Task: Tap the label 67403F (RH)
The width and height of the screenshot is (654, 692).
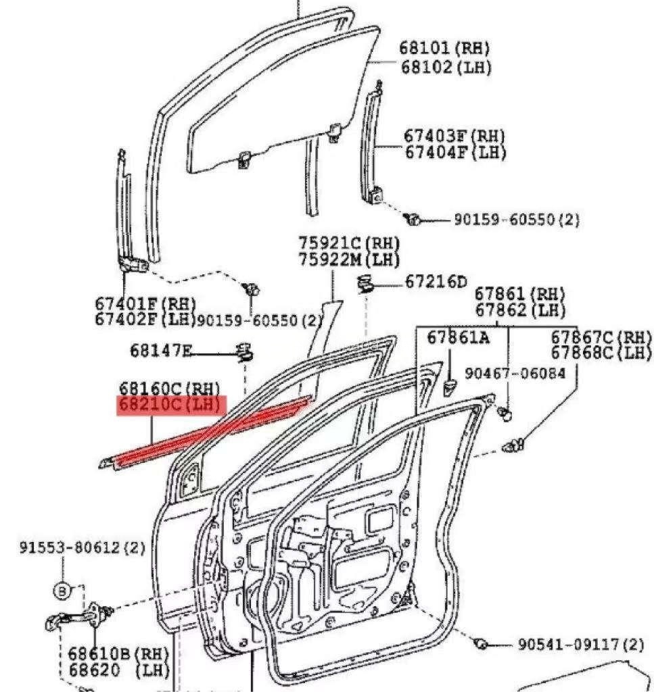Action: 454,135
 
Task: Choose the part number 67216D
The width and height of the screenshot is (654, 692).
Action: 436,282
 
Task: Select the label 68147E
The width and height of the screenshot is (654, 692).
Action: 161,350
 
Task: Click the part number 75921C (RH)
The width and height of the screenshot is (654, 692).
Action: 349,243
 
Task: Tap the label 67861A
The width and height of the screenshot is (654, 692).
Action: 458,337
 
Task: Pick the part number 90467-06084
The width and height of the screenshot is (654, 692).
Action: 515,373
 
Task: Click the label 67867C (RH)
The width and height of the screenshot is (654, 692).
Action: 601,337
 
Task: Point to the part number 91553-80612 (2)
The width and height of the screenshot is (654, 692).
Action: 81,547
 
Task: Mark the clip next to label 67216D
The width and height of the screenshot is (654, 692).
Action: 366,284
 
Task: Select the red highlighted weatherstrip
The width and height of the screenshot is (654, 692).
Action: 210,433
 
